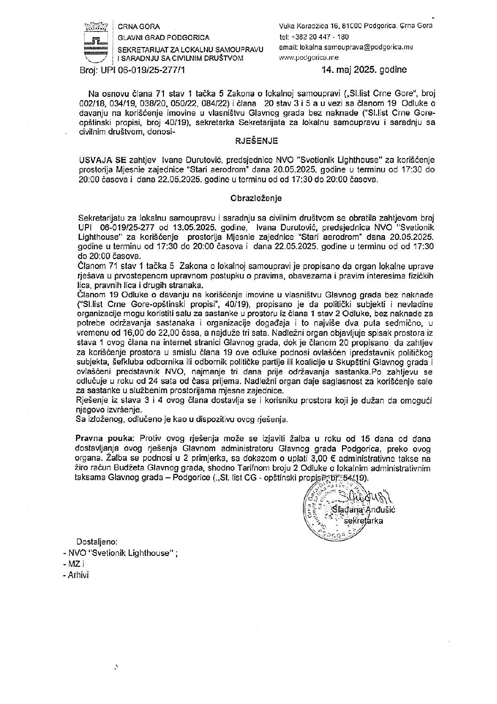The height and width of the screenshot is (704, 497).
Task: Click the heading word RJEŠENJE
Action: tap(256, 140)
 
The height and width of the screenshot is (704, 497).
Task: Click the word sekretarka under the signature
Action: tap(364, 521)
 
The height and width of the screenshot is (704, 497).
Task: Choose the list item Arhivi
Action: tap(75, 575)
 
